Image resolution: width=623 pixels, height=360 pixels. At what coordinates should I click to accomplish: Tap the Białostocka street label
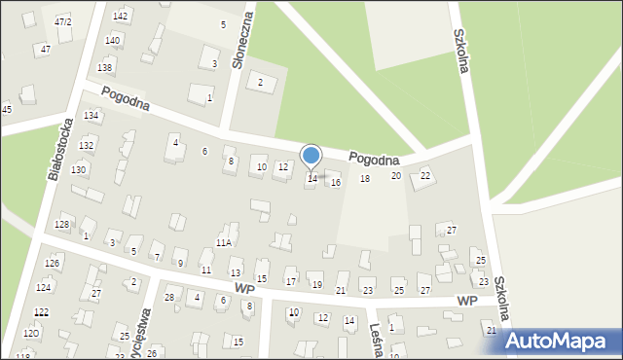click(x=60, y=151)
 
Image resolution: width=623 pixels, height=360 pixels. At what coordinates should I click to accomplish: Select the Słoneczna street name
click(x=241, y=40)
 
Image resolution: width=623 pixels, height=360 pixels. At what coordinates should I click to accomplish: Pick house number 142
click(x=121, y=16)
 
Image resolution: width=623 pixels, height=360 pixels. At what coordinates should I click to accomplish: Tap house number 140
click(x=113, y=40)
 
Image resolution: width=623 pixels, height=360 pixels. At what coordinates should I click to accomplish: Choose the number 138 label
click(x=105, y=67)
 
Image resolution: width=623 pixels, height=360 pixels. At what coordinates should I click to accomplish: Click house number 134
click(x=92, y=116)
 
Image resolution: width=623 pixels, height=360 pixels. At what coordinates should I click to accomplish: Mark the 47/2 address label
click(x=63, y=21)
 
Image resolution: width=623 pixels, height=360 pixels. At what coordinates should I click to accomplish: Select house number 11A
click(x=224, y=242)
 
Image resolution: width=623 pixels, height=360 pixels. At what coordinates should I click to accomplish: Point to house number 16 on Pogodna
click(x=336, y=183)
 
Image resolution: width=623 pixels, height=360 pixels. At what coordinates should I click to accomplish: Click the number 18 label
click(x=365, y=179)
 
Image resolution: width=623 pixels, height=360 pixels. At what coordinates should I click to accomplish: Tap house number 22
click(x=425, y=175)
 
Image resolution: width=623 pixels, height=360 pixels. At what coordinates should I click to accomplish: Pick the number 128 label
click(x=61, y=225)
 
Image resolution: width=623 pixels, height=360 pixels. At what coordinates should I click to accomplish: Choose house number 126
click(x=53, y=264)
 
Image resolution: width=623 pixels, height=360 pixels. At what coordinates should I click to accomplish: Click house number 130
click(x=79, y=169)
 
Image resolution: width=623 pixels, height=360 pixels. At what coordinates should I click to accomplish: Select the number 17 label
click(x=290, y=282)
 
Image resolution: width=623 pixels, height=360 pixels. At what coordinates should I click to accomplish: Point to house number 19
click(x=317, y=284)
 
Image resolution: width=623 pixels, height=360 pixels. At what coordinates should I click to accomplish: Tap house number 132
click(x=87, y=145)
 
